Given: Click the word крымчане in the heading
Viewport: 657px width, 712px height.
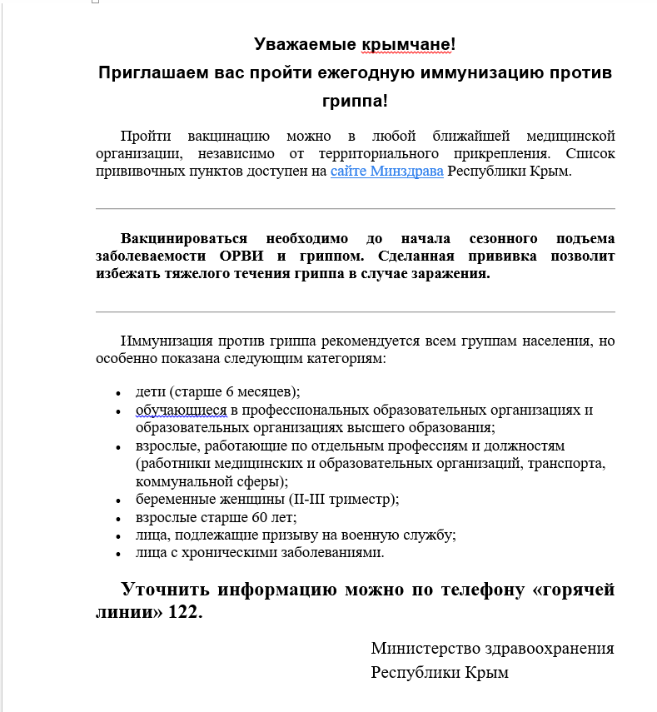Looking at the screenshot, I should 408,44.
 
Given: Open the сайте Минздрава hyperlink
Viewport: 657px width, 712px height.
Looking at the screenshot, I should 386,172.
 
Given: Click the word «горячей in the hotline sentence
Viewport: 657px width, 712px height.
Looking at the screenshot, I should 574,590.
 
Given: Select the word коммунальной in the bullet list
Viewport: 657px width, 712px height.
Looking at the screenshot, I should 179,481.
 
